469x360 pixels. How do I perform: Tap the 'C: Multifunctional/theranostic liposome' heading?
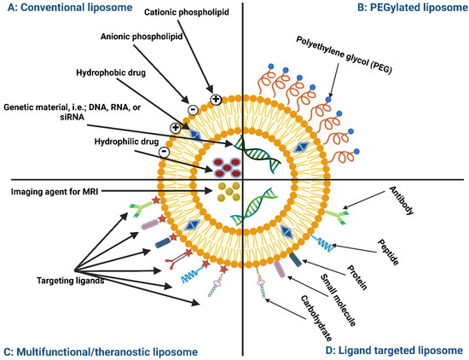click(x=100, y=351)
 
